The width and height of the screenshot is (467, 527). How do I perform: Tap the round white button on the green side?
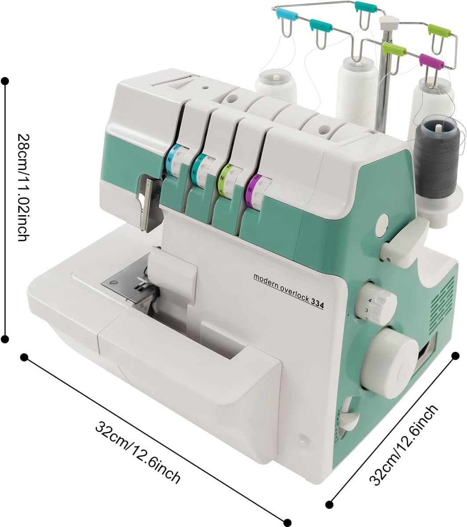pyautogui.click(x=384, y=226)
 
